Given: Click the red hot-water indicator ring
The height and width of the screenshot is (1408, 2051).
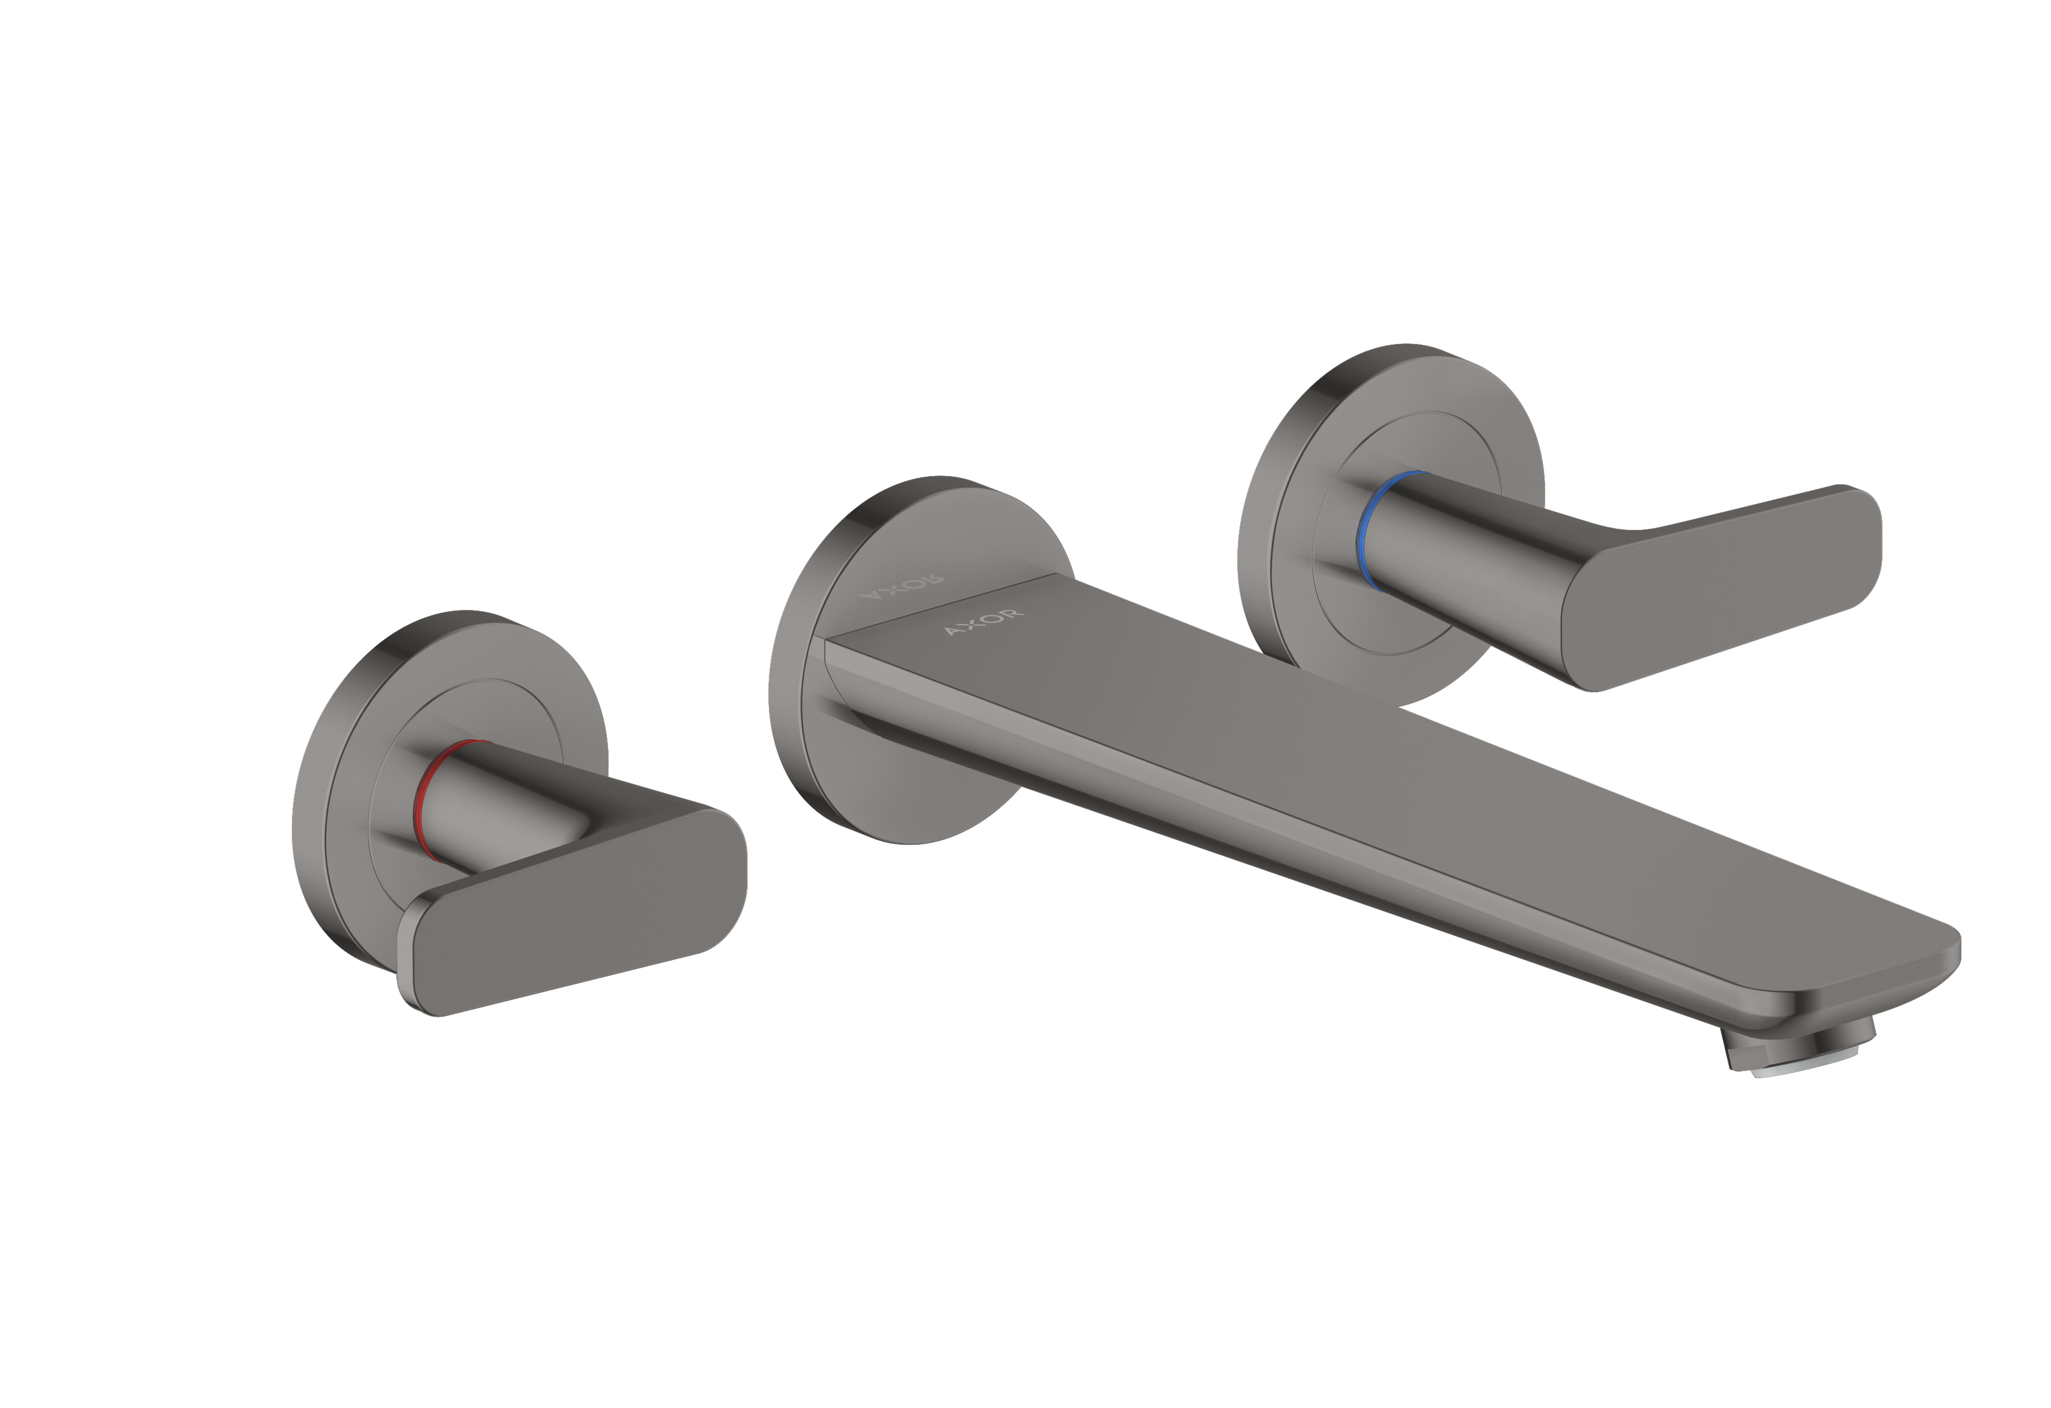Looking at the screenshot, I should coord(424,796).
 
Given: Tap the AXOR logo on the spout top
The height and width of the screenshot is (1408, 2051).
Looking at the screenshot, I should coord(984,622).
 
